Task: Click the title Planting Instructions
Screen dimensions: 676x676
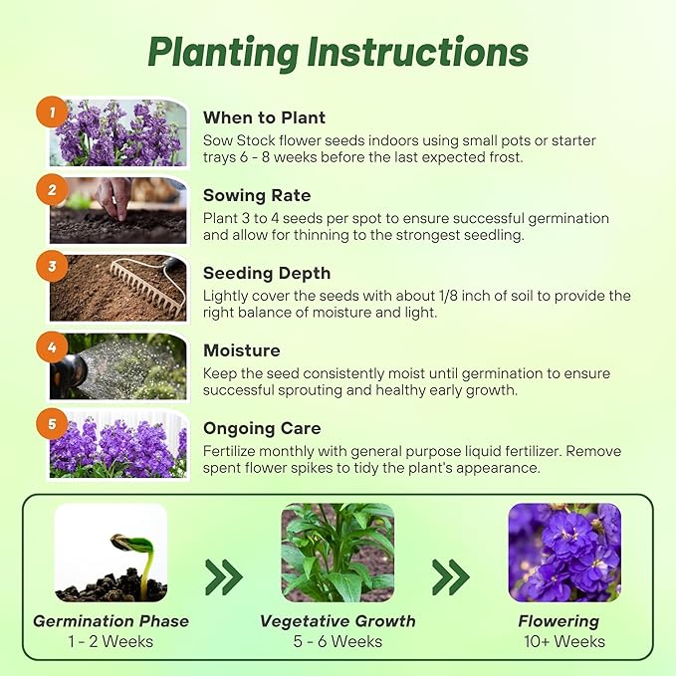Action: [338, 52]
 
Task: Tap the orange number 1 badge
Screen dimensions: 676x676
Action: [52, 113]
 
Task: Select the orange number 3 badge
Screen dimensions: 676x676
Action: [52, 266]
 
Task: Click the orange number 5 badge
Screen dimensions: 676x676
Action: [52, 422]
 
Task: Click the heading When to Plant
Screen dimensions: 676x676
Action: [265, 117]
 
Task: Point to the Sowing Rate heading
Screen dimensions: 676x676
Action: [257, 195]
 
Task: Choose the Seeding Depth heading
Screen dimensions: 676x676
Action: [267, 273]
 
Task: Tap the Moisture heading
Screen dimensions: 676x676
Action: [242, 350]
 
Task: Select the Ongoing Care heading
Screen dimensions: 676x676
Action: [262, 428]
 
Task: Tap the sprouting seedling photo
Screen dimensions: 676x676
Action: [111, 553]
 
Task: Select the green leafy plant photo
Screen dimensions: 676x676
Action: [338, 553]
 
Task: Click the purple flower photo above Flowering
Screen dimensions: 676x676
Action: [564, 553]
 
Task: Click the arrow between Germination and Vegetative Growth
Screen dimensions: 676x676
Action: [224, 575]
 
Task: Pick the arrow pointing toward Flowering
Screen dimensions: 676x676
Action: [451, 575]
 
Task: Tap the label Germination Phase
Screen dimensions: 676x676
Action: [111, 621]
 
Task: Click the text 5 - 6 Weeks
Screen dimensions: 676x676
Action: [338, 641]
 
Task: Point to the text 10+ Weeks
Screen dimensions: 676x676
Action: [564, 641]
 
